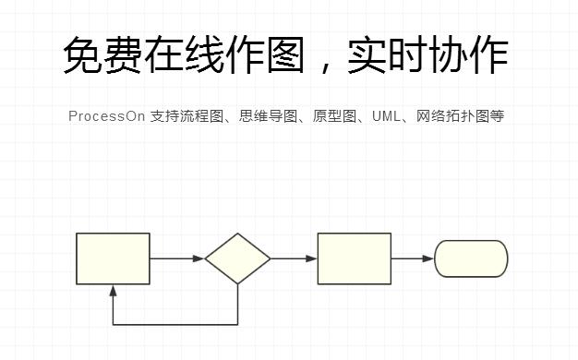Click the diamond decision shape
tap(237, 258)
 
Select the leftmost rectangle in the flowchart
tap(113, 258)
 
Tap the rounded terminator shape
tap(471, 258)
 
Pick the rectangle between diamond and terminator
tap(354, 258)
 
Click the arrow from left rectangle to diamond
tap(176, 258)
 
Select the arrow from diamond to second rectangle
tap(294, 258)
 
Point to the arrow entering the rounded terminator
tap(413, 258)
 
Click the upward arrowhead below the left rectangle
tap(113, 291)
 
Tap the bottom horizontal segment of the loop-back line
tap(175, 325)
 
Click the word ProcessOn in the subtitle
tap(106, 116)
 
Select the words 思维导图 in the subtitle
tap(269, 116)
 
